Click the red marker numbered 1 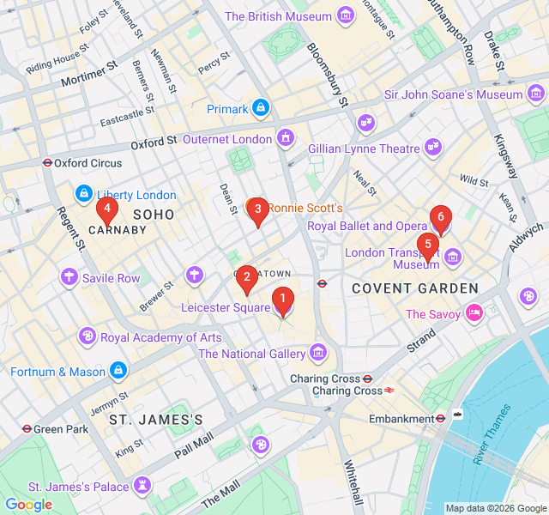(x=281, y=301)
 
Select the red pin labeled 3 (x=257, y=209)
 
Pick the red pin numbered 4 (x=106, y=208)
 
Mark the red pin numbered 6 (x=440, y=217)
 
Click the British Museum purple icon (x=346, y=16)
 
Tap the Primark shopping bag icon (x=262, y=109)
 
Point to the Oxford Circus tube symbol (x=48, y=162)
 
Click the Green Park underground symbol (x=27, y=428)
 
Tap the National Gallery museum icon (x=319, y=353)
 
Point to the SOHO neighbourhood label (x=154, y=214)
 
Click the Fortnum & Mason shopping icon (x=118, y=372)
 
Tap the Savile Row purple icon (x=69, y=277)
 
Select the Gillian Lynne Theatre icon (x=433, y=148)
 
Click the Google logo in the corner (x=28, y=505)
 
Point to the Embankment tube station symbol (x=440, y=418)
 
